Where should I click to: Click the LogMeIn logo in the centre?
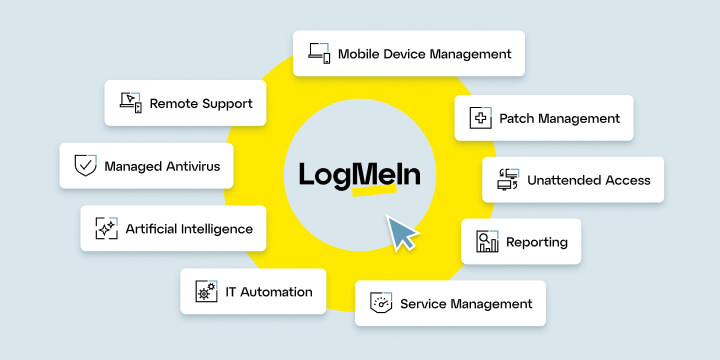tap(360, 174)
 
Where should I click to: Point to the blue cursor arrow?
tap(402, 234)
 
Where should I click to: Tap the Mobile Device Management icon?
tap(319, 53)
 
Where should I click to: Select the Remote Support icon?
tap(131, 102)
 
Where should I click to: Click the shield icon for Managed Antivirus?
tap(85, 165)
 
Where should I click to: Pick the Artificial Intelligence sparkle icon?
tap(106, 229)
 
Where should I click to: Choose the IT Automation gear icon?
tap(206, 292)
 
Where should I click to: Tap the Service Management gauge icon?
tap(380, 303)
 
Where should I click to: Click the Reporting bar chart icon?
tap(487, 242)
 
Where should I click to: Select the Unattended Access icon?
tap(508, 181)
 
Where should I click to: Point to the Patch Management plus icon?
tap(480, 118)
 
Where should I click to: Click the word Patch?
tap(516, 118)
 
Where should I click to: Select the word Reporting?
tap(537, 242)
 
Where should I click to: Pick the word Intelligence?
tap(217, 229)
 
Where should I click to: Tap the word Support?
tap(225, 102)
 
